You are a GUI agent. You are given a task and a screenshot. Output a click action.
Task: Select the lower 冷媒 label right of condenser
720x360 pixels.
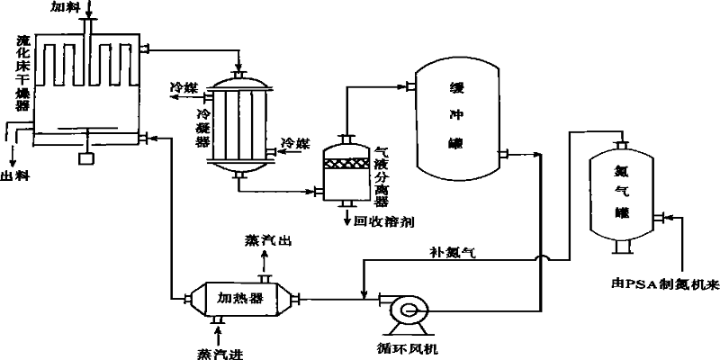pyautogui.click(x=295, y=144)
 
